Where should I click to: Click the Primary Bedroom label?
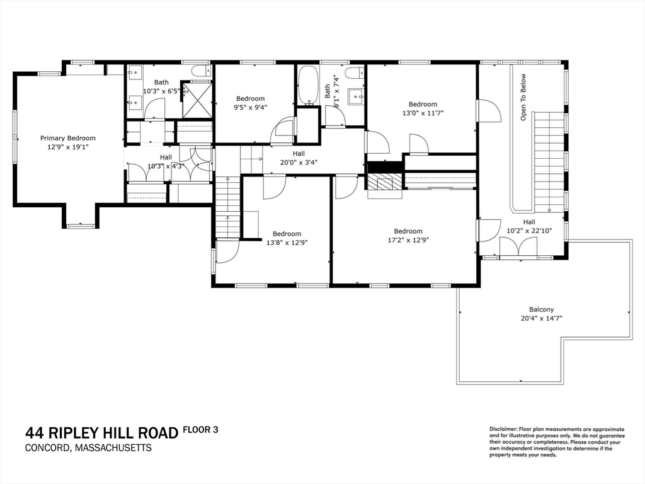tap(67, 138)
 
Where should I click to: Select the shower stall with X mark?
tap(197, 100)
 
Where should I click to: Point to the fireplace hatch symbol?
tap(384, 183)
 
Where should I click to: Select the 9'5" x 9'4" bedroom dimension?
tap(250, 107)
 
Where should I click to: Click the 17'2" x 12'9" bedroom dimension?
tap(408, 240)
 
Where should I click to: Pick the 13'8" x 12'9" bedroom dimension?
tap(287, 243)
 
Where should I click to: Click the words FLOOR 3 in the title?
tap(200, 430)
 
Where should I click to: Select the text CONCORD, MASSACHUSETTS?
tap(88, 448)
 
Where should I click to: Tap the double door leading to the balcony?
tap(520, 248)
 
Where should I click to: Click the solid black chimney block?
tap(384, 167)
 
